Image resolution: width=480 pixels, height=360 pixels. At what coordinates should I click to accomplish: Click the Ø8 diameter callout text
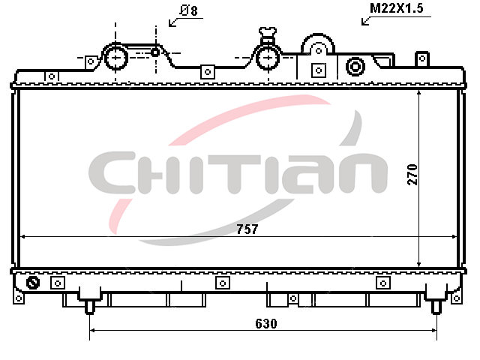coord(188,10)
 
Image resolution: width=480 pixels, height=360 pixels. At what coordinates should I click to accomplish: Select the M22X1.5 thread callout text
coord(397,8)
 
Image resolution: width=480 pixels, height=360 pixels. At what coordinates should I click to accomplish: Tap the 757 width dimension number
coord(247,229)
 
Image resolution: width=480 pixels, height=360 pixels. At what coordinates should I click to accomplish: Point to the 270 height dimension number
coord(412,175)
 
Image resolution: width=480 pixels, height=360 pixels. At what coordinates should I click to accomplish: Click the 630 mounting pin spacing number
coord(266,323)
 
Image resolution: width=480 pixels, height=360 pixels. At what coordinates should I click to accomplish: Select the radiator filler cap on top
coord(268,34)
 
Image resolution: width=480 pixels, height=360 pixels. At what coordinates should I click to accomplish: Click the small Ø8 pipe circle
coord(155,52)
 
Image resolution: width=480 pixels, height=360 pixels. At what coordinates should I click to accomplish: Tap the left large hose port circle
coord(116,58)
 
